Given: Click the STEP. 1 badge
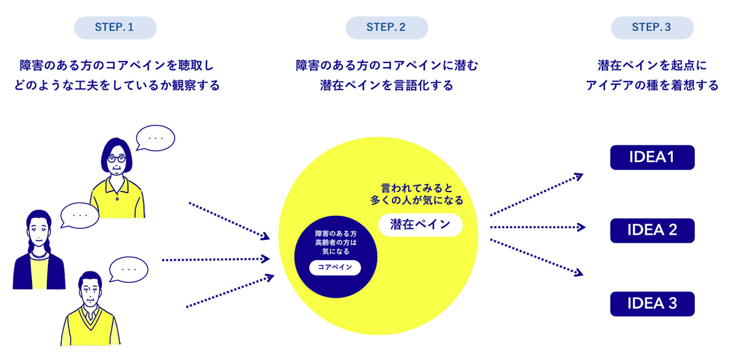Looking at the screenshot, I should coord(115,28).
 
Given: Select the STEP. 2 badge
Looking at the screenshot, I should coord(386,28).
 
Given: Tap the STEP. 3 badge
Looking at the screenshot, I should coord(651,28).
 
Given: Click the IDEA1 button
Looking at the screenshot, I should coord(652,158).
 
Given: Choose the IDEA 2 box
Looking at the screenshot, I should coord(652,230).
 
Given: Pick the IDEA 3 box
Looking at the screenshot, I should coord(652,304).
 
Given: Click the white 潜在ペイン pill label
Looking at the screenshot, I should coord(421,225).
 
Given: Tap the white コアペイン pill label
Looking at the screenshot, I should coord(335,268).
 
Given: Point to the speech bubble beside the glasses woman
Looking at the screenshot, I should coord(155,138).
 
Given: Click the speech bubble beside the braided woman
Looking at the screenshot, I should coord(79,215).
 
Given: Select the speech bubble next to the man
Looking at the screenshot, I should coord(129,269).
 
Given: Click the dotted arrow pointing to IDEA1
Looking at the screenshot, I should coord(536,194).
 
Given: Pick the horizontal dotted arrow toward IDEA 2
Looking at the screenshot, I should coord(537,228).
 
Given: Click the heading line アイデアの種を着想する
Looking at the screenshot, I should coord(652,86).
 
